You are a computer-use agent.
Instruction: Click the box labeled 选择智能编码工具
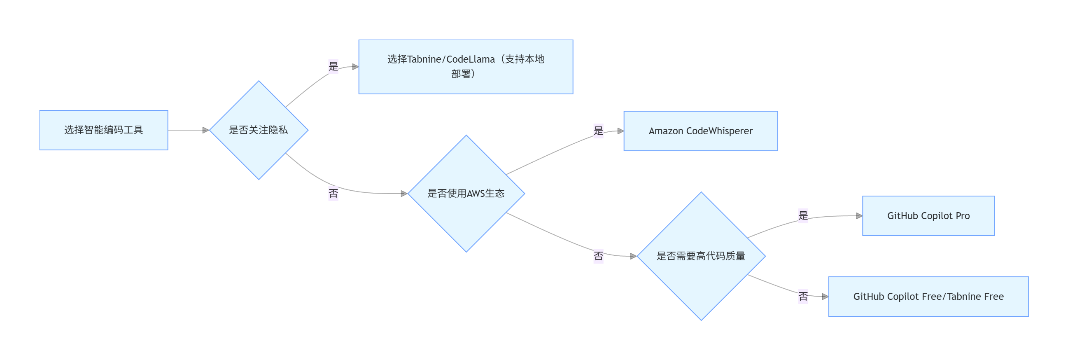point(104,130)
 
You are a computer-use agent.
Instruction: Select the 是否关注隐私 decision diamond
point(259,130)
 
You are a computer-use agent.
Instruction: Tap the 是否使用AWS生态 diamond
point(466,194)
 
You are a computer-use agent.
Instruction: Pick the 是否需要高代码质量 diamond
point(701,256)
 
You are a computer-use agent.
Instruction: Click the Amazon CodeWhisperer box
point(701,131)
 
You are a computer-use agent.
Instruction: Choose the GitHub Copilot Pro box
point(928,216)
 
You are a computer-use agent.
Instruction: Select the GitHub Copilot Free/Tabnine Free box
point(928,297)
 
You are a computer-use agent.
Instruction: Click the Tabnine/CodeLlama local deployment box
point(466,67)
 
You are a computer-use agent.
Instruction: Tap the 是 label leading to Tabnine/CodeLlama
point(333,66)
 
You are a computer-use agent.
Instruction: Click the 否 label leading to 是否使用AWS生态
point(333,193)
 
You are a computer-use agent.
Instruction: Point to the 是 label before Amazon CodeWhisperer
point(598,131)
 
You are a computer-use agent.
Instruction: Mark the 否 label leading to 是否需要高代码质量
point(598,256)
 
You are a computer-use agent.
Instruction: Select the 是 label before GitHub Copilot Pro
point(803,216)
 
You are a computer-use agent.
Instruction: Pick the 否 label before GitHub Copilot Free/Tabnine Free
point(803,296)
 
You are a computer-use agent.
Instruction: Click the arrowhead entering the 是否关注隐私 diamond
point(205,130)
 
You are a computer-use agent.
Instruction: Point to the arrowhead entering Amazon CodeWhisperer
point(620,131)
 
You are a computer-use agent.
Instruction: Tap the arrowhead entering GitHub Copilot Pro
point(859,216)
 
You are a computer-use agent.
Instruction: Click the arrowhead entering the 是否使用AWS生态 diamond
point(404,194)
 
